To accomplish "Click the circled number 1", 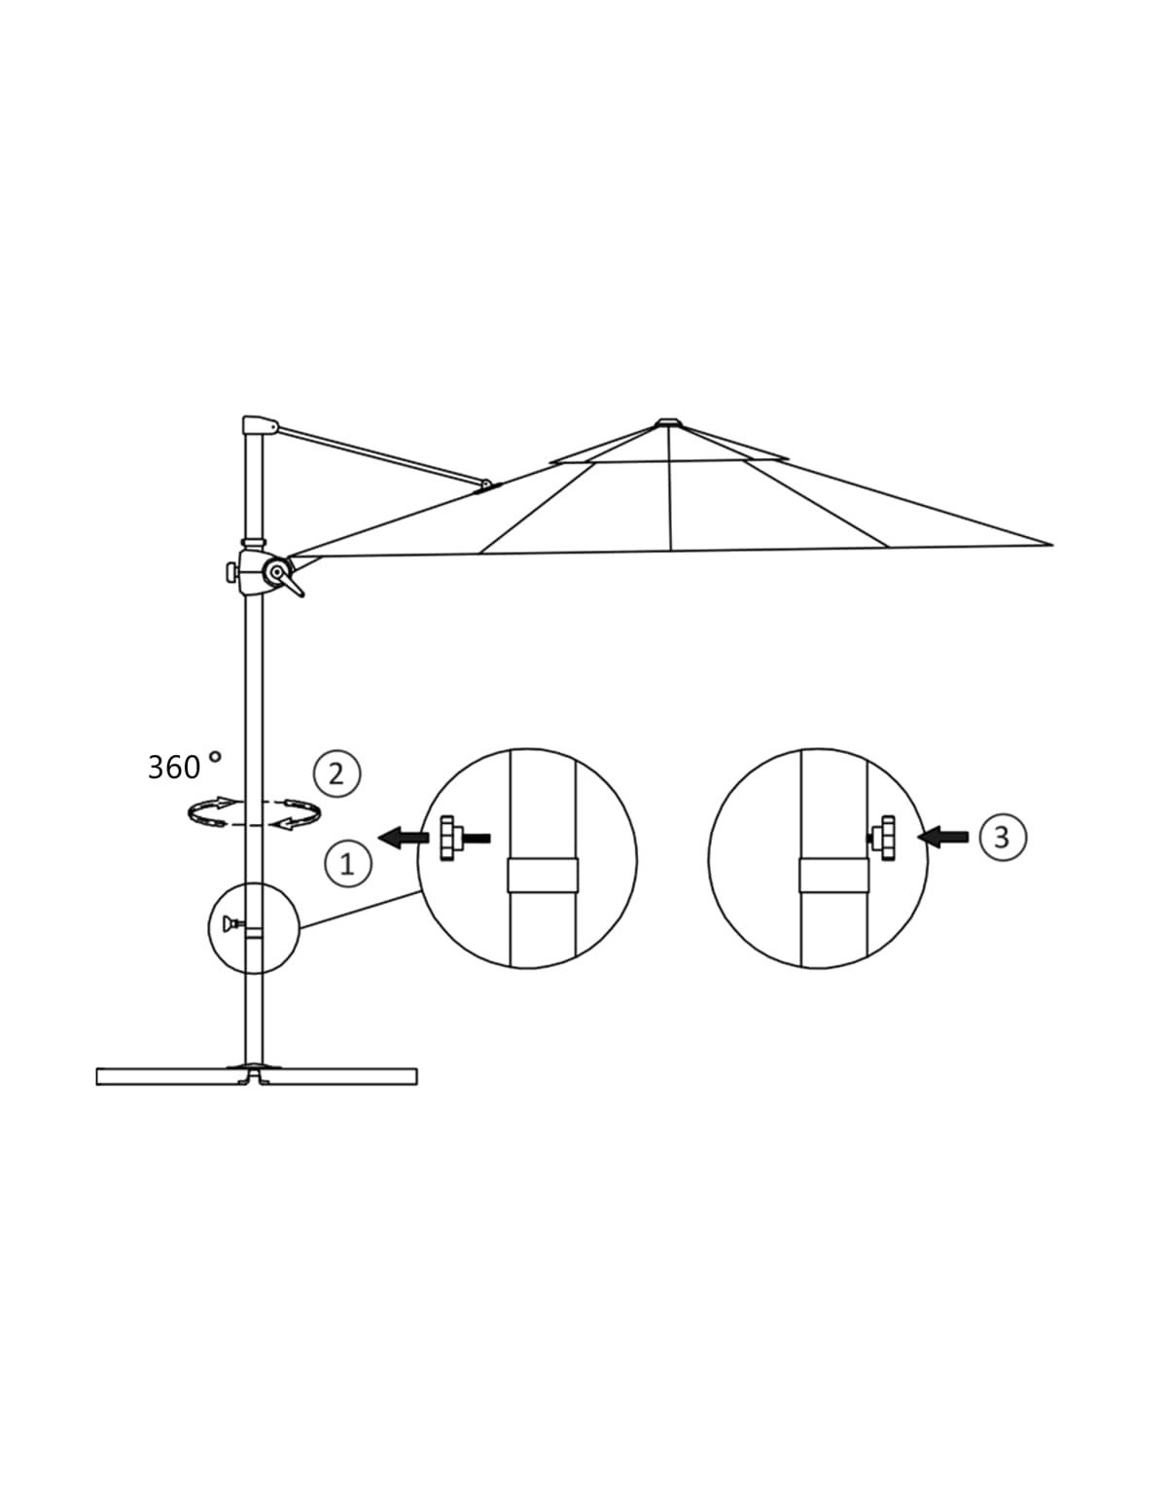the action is point(347,863).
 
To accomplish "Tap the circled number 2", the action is point(336,773).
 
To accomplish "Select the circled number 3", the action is point(1002,838).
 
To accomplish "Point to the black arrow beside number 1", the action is point(404,839).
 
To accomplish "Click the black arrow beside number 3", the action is point(943,838).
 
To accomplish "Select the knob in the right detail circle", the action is point(882,839).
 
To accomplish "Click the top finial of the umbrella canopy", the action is point(669,421).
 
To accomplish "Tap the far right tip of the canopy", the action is point(1052,545).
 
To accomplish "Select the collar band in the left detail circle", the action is point(543,875).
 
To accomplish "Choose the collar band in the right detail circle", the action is point(832,875).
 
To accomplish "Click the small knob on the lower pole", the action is point(232,923).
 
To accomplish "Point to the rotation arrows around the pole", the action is point(254,811).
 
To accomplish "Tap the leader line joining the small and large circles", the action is point(359,910).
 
